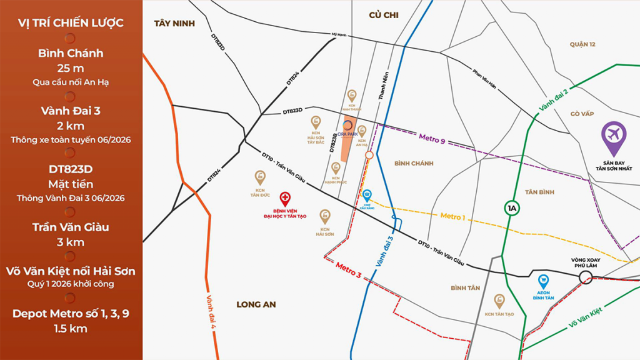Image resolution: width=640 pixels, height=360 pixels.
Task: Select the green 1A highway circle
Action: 512,208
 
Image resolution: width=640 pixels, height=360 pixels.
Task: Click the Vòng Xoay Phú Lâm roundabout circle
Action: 586,277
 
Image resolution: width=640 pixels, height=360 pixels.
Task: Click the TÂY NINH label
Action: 175,23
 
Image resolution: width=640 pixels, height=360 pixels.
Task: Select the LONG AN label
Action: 256,304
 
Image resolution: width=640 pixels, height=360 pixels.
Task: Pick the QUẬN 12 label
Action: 583,44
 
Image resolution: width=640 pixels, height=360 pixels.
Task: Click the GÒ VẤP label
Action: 582,113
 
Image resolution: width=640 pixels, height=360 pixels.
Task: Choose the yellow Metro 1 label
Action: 454,216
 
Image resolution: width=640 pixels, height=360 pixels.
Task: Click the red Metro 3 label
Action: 349,270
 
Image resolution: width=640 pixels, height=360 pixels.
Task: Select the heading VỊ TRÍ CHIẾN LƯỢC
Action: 71,23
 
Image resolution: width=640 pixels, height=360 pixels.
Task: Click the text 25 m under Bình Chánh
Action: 71,68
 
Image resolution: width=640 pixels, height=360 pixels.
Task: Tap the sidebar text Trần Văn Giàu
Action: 71,227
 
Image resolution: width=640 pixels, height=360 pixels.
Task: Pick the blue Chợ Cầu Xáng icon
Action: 367,194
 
